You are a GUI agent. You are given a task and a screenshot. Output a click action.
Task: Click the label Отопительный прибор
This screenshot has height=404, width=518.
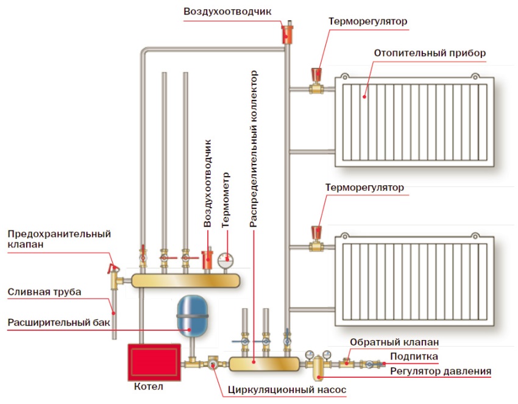tap(430, 53)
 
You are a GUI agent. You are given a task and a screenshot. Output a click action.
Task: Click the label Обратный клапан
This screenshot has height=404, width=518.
tap(396, 342)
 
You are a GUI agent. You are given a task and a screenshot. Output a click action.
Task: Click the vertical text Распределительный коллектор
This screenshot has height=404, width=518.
tap(254, 149)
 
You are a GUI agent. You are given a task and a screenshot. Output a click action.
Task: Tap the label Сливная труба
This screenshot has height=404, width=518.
tap(44, 292)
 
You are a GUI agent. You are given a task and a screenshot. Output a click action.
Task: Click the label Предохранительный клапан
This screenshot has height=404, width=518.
tap(59, 239)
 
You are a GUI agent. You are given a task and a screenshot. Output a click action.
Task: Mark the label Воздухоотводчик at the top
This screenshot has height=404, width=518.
tap(227, 12)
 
